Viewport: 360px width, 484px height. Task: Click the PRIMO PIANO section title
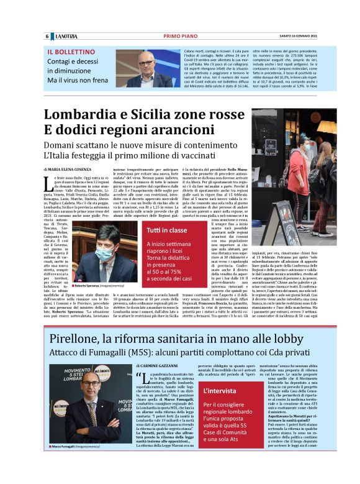[x=181, y=36]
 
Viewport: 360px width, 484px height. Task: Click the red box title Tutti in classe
[x=148, y=231]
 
